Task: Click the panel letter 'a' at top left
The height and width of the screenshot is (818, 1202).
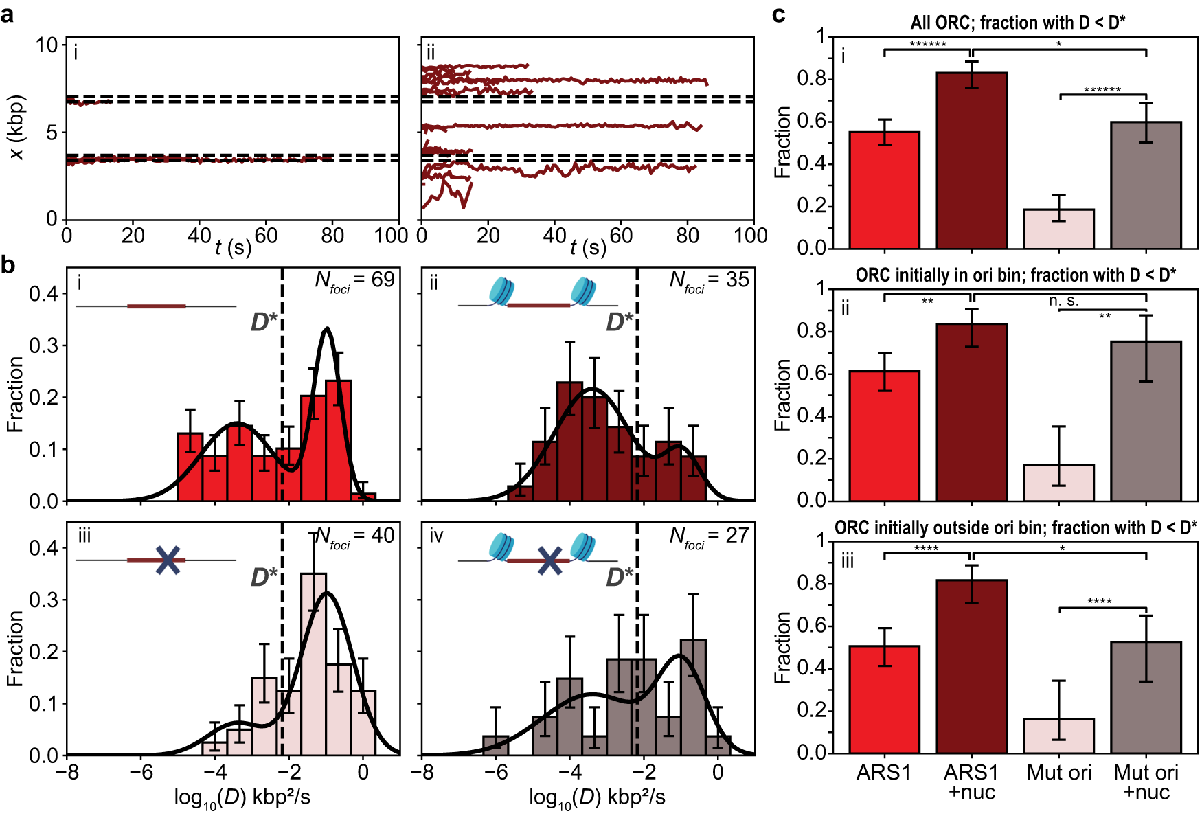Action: coord(8,14)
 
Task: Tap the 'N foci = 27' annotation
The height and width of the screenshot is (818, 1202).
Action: coord(709,536)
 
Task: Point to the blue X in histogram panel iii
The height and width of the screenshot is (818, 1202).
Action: coord(168,560)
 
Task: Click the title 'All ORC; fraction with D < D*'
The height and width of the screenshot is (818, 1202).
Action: coord(1017,23)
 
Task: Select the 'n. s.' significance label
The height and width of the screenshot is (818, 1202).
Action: coord(1063,301)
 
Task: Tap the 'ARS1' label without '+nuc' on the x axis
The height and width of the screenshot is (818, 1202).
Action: coord(883,773)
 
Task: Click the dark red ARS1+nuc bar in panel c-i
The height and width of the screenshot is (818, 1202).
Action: coord(971,165)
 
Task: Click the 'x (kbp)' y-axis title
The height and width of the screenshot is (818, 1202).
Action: coord(17,127)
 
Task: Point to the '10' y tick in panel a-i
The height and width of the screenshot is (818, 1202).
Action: coord(47,45)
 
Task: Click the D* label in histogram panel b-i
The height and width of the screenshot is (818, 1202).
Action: coord(264,321)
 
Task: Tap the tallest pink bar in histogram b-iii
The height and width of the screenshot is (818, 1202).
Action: coord(313,659)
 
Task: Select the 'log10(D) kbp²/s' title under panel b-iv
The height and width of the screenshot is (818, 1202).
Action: coord(596,798)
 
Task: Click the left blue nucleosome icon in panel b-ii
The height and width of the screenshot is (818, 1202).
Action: coord(501,291)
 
